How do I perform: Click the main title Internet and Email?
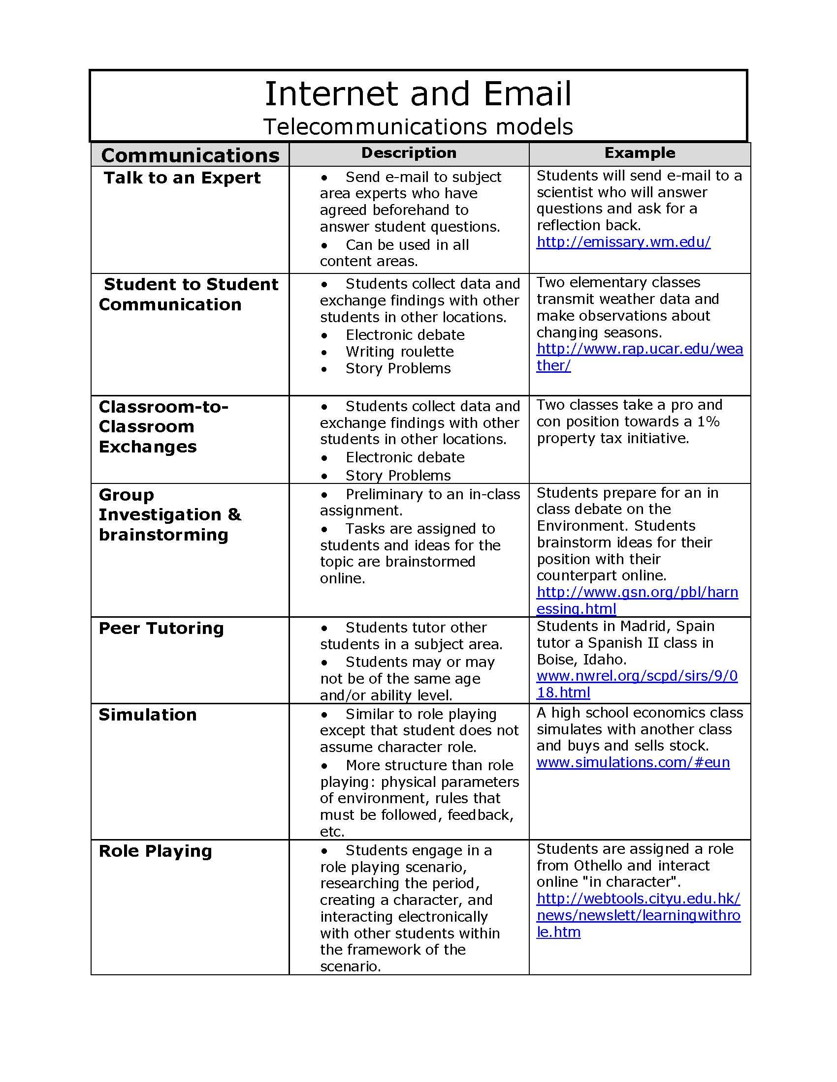pyautogui.click(x=418, y=93)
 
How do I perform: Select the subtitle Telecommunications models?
pyautogui.click(x=418, y=126)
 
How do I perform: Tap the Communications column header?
pyautogui.click(x=190, y=155)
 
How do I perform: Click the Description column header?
pyautogui.click(x=409, y=152)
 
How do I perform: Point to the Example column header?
pyautogui.click(x=639, y=152)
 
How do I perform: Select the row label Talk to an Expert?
pyautogui.click(x=182, y=178)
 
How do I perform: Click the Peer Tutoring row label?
pyautogui.click(x=161, y=628)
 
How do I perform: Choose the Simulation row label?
pyautogui.click(x=148, y=715)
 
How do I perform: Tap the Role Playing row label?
pyautogui.click(x=155, y=851)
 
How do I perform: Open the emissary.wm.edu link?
pyautogui.click(x=623, y=242)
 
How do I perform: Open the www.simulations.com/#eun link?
pyautogui.click(x=633, y=762)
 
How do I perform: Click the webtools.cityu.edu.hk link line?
pyautogui.click(x=638, y=898)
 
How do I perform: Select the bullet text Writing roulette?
pyautogui.click(x=400, y=352)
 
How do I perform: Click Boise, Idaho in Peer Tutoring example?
pyautogui.click(x=581, y=660)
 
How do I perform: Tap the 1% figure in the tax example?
pyautogui.click(x=708, y=421)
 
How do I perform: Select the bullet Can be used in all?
pyautogui.click(x=407, y=245)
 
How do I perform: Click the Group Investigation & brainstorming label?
pyautogui.click(x=169, y=514)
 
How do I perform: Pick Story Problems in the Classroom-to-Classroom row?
pyautogui.click(x=398, y=476)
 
